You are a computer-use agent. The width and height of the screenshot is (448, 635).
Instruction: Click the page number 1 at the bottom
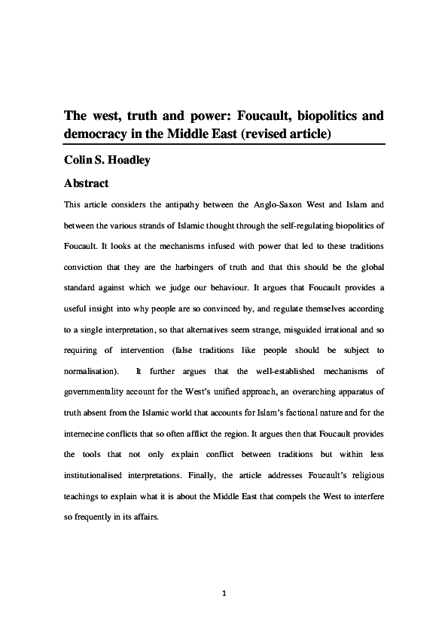pos(224,594)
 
